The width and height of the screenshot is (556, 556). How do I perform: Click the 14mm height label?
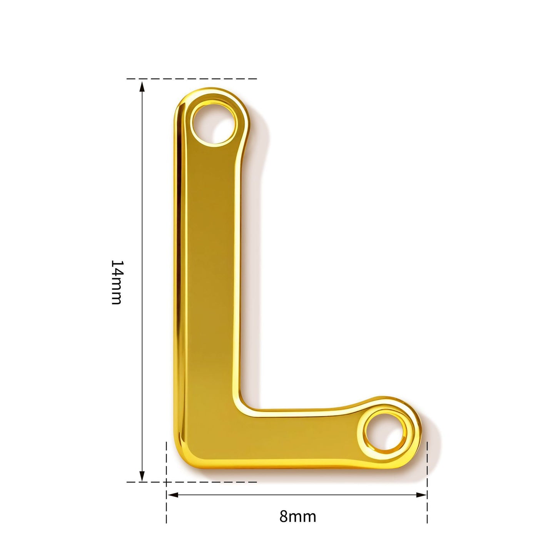coord(117,282)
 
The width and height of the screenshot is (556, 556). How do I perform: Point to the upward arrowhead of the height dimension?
coord(142,87)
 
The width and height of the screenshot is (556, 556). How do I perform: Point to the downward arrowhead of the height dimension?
coord(142,476)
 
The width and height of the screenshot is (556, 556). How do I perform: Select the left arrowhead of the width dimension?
coord(173,495)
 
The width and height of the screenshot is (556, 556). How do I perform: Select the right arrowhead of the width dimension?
coord(421,495)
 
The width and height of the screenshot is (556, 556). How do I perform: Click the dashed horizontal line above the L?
coord(192,79)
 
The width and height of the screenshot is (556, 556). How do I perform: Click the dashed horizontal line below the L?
coord(192,482)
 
